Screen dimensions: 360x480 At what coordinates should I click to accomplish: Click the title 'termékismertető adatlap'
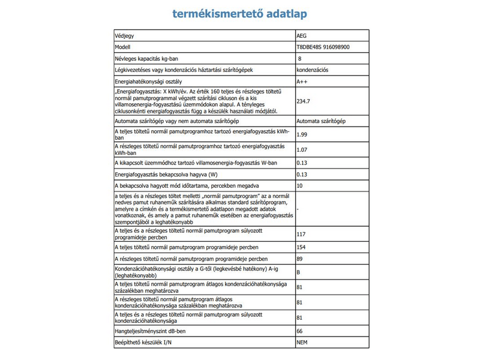241,13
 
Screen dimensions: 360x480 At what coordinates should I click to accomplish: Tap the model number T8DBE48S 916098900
325,47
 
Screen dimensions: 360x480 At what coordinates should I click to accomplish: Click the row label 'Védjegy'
124,36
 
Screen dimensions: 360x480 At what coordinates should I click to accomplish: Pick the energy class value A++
302,81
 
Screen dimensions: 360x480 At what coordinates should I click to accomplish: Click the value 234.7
304,101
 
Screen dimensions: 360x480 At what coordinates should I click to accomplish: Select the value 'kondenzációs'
312,70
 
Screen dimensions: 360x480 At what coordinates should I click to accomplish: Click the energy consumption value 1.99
302,134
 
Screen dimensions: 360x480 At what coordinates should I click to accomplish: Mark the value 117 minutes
302,234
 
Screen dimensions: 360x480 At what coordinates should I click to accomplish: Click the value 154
302,247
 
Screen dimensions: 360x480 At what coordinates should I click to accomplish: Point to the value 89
300,259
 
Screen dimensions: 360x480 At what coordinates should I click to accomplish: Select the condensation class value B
299,272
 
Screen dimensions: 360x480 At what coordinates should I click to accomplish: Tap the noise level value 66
300,331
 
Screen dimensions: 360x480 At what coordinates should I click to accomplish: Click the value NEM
302,342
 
